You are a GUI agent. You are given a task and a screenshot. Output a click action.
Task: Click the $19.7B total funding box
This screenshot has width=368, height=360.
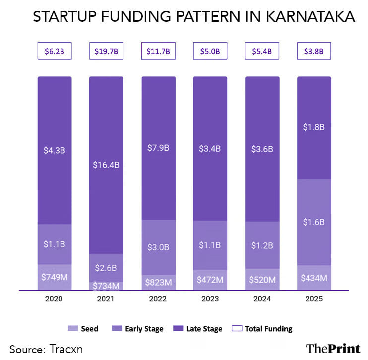pos(106,51)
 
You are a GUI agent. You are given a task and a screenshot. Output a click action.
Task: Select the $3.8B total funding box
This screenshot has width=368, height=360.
pos(313,51)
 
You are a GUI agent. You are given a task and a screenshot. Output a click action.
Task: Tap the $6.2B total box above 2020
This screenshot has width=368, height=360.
pos(55,51)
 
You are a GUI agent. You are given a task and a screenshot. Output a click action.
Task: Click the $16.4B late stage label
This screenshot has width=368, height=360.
pos(106,165)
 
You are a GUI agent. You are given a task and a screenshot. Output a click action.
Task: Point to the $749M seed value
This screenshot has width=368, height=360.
pos(55,277)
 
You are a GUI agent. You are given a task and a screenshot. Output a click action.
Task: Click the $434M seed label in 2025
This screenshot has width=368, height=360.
pos(313,278)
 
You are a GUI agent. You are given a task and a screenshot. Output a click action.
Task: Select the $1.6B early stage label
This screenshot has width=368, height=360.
pos(313,222)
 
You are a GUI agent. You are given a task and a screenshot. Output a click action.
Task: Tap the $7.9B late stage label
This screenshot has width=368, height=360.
pos(158,148)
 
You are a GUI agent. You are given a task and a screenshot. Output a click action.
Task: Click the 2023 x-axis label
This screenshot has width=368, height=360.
pos(210,299)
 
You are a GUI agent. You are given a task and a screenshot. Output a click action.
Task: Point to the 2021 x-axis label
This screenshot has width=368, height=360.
pos(106,299)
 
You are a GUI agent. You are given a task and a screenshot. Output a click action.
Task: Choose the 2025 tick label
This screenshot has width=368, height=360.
pos(313,299)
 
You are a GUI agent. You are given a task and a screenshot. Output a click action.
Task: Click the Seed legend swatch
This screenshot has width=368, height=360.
pos(71,329)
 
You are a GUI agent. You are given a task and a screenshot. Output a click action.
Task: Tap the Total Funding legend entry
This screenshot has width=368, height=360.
pos(265,329)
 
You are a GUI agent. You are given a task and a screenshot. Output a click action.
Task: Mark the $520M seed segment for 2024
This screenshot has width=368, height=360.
pos(262,280)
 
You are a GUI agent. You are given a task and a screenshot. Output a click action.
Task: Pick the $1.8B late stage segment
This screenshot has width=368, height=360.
pos(313,127)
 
